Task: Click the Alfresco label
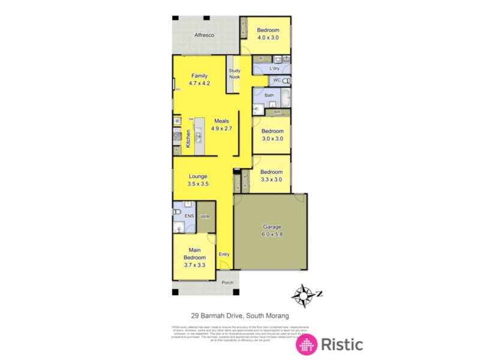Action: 205,35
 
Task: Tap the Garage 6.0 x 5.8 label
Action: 272,230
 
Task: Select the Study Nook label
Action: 234,73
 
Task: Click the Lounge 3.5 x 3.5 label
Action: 198,180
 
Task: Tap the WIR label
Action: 205,216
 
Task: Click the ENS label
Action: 189,216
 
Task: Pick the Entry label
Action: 224,254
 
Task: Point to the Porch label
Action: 227,283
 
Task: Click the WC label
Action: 277,80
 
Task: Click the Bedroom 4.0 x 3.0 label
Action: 268,34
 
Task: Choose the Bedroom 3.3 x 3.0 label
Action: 271,175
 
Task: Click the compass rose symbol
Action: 304,295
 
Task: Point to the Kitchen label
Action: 188,139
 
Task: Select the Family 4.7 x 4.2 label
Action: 199,80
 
